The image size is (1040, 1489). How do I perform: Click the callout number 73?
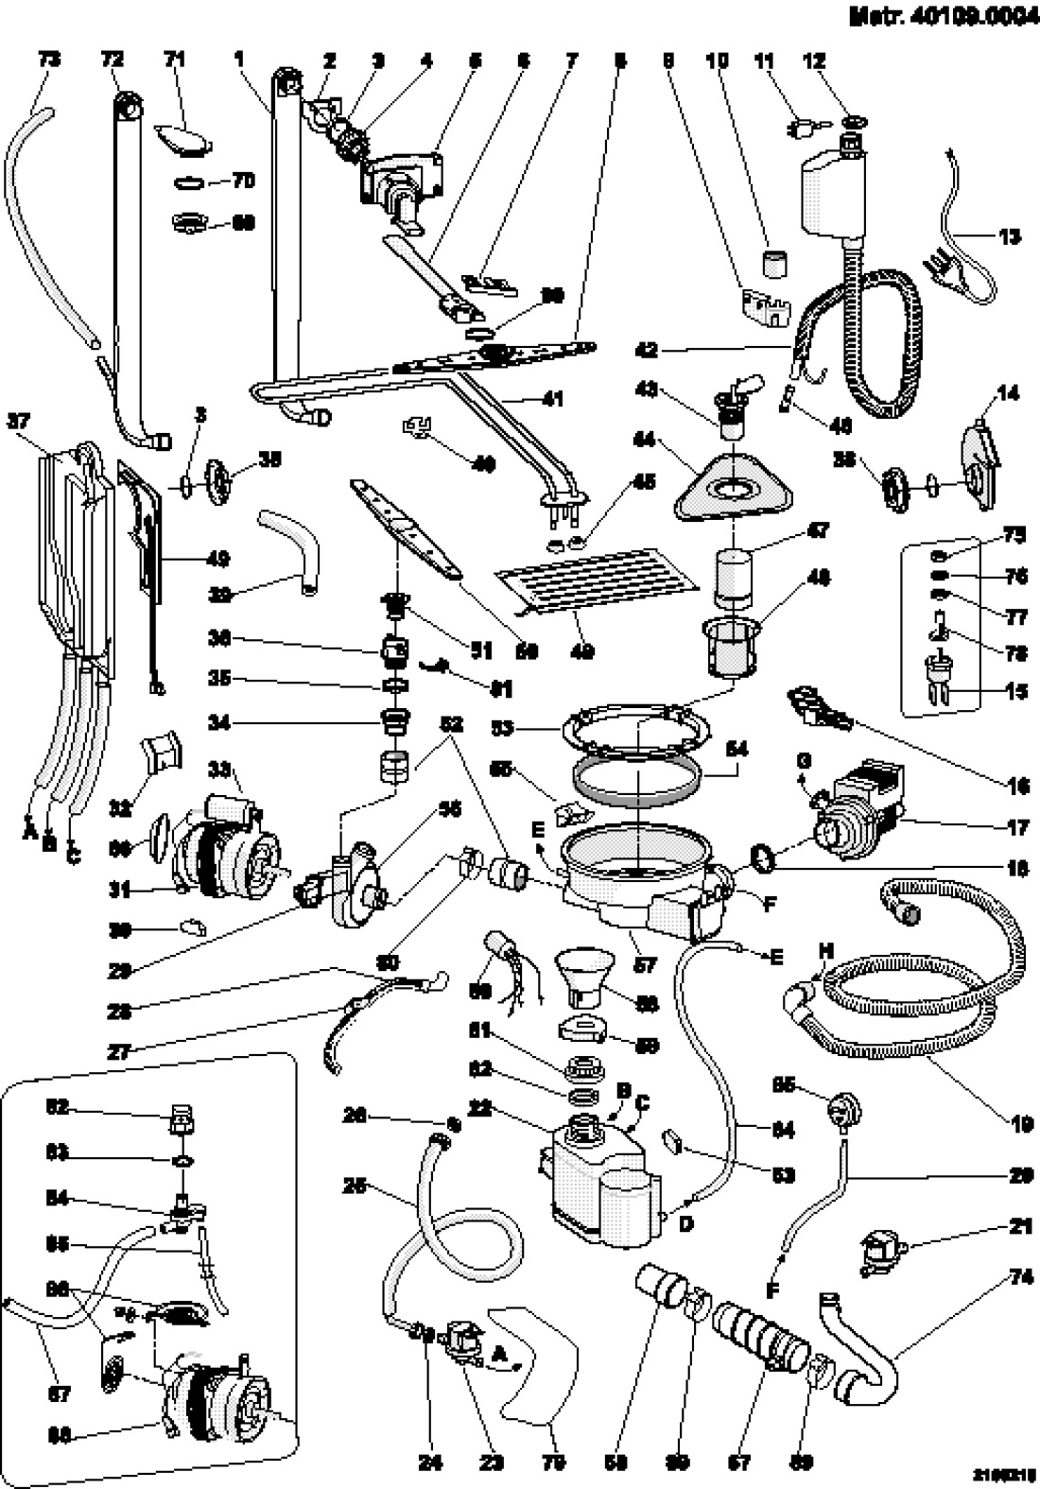(x=49, y=60)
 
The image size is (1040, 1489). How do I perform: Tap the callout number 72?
(x=112, y=60)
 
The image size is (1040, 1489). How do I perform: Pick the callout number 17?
(x=1017, y=828)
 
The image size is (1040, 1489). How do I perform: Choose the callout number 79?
(x=554, y=1463)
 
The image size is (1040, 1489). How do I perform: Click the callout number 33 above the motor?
(x=218, y=770)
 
